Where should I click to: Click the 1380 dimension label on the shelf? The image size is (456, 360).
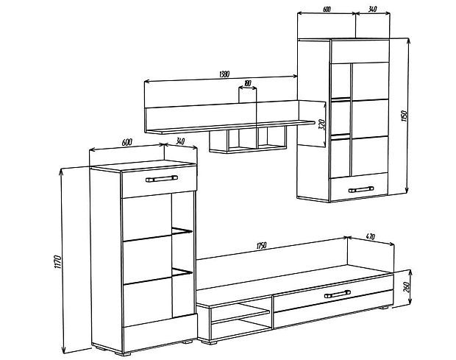pos(224,74)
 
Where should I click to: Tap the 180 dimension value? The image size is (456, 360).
pos(247,83)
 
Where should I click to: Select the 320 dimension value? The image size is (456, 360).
pos(321,124)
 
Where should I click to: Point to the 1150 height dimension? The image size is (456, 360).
pos(404,116)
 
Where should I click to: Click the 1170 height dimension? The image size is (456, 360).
pos(57,262)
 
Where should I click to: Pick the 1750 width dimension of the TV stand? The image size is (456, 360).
pos(261,246)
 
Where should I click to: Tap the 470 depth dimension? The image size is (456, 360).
pos(370,236)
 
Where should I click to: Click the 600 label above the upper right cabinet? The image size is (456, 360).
pos(327,10)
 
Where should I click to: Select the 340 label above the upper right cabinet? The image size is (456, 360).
pos(372,10)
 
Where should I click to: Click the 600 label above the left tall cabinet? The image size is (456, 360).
pos(127,142)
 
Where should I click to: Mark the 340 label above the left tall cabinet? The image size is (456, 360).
pos(180,142)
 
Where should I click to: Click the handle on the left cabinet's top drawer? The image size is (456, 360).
pos(162,178)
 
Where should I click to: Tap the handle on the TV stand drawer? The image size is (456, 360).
pos(338,294)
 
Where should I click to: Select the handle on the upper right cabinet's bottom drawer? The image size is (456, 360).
pos(361,190)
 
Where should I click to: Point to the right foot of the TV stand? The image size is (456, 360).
pos(383,307)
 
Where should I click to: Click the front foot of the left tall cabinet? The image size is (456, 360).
pos(122,353)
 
